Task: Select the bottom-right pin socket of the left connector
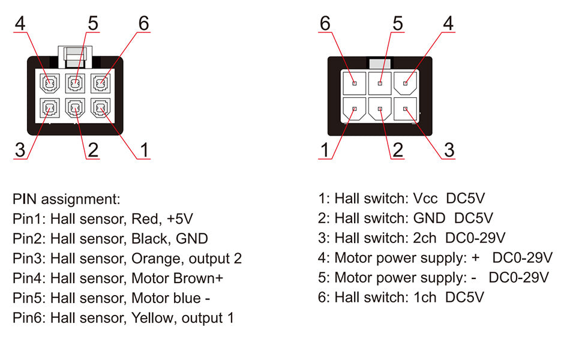click(100, 108)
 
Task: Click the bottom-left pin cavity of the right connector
click(354, 110)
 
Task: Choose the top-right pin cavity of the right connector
click(406, 83)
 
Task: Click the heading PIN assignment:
click(67, 199)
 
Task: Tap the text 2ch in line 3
click(424, 238)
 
